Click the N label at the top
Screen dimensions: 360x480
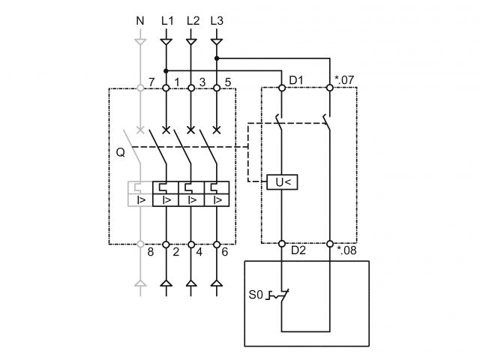pos(139,21)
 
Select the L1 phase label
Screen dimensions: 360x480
pos(166,21)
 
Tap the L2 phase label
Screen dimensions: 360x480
pos(192,21)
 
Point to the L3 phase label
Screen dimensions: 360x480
pos(217,21)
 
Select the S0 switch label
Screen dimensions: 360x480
pos(256,295)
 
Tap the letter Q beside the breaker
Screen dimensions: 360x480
pos(120,153)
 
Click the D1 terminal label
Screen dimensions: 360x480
pos(296,79)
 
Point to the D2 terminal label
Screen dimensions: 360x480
pos(297,251)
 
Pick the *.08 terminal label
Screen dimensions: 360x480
pos(346,251)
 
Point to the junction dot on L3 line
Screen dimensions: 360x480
pos(217,58)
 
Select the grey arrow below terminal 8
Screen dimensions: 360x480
pos(139,283)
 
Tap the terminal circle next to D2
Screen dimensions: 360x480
pos(281,243)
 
